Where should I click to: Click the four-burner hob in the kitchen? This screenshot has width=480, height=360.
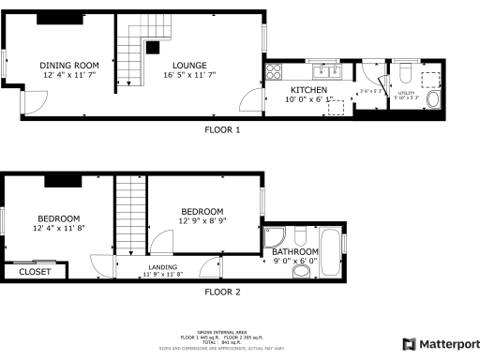tap(274, 69)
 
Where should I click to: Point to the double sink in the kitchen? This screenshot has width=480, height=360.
tap(326, 68)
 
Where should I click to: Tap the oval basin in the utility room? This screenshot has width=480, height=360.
tap(434, 100)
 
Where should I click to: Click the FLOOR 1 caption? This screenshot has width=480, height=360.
tap(222, 130)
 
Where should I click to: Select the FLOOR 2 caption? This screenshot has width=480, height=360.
tap(222, 292)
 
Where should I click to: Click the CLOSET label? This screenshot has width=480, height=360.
tap(35, 272)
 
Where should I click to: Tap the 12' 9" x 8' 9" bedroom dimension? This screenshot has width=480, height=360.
tap(202, 220)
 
